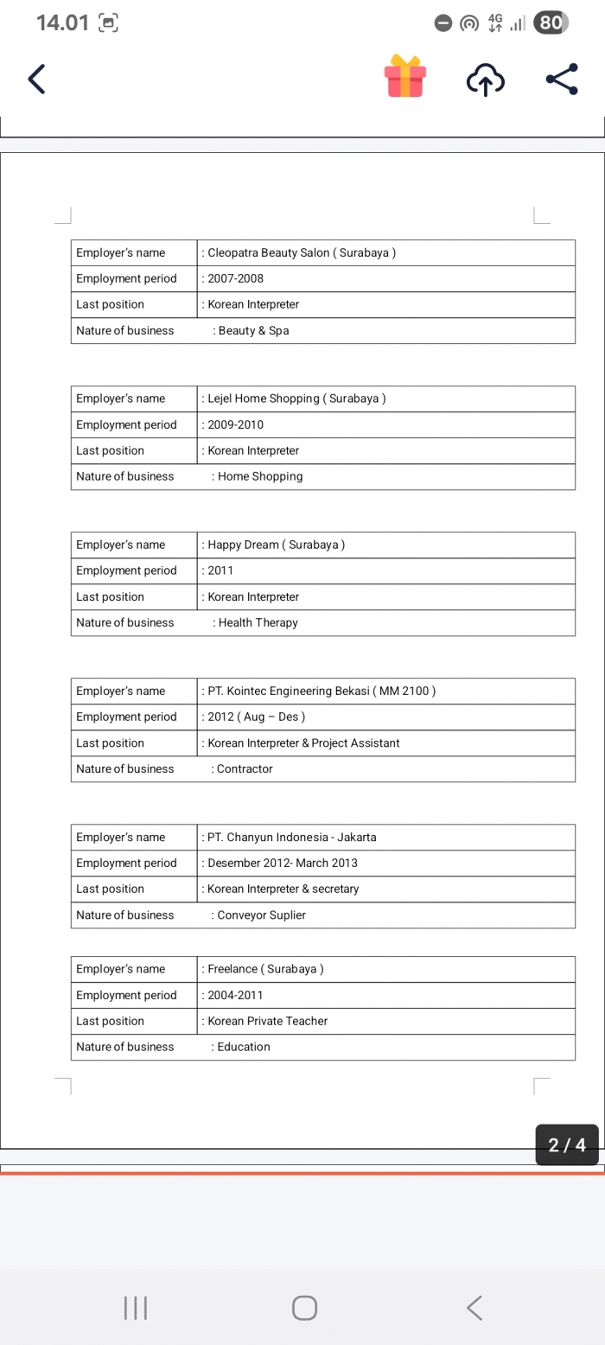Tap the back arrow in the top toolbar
(x=36, y=80)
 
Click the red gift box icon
(x=404, y=76)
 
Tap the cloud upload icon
(x=485, y=80)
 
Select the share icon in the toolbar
(x=562, y=80)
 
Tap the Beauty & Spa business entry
(x=253, y=330)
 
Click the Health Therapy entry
(x=258, y=622)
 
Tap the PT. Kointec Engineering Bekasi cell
(x=321, y=691)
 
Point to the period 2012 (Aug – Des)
(x=256, y=717)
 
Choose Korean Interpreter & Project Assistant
(x=302, y=743)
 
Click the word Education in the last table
(x=244, y=1047)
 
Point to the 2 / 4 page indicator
(x=567, y=1145)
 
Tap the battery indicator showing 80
(x=551, y=23)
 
